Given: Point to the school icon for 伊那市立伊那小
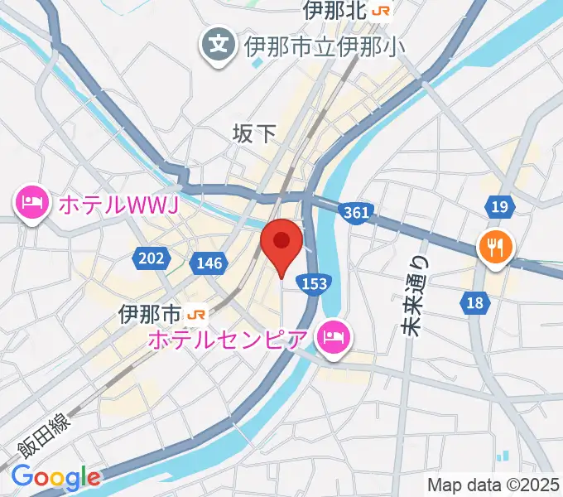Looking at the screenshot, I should pos(219,43).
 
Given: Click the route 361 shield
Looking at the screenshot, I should pos(355,213).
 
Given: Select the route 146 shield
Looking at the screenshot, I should pos(209,263).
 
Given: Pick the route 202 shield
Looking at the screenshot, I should pos(151,258).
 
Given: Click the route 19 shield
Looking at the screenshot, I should pos(498,206).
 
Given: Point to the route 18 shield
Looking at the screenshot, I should pos(474,303).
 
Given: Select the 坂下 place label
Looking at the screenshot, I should pos(253,133).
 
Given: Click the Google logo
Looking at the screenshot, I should pos(55,477).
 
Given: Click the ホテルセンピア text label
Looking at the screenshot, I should pos(230,338).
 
